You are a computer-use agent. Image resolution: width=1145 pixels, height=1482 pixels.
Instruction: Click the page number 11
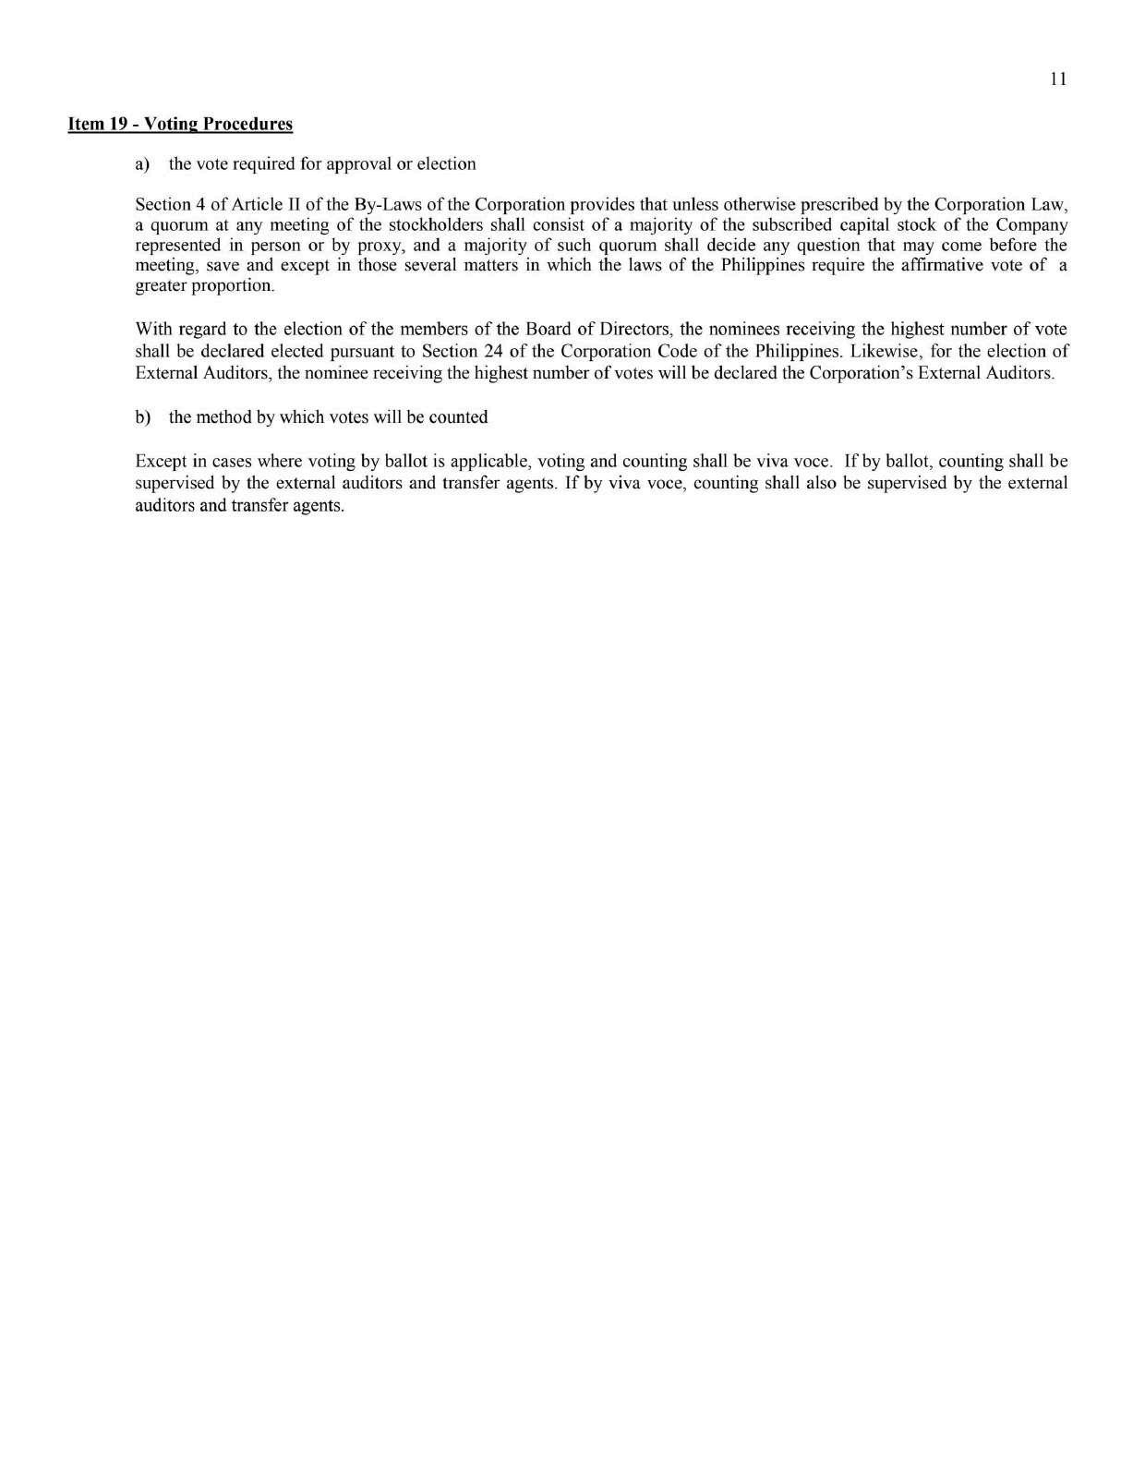click(1058, 79)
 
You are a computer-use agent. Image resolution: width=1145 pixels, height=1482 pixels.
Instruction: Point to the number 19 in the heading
click(119, 124)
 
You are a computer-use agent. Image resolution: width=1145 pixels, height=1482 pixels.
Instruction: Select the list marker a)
click(142, 164)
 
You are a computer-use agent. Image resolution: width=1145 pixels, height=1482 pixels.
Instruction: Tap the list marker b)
click(142, 417)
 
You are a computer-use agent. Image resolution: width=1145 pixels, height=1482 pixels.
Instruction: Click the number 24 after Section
click(492, 351)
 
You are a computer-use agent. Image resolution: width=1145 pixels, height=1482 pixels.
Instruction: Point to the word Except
click(159, 461)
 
